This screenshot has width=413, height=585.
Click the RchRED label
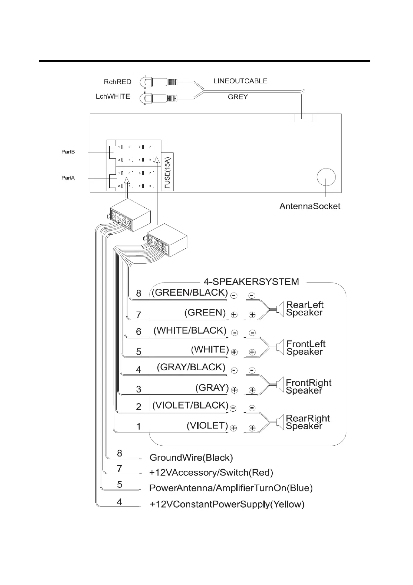117,82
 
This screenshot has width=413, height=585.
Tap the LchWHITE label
113,96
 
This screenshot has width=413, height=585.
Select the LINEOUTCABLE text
240,81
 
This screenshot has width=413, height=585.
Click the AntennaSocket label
310,206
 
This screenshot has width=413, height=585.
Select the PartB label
68,152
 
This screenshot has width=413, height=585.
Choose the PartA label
68,178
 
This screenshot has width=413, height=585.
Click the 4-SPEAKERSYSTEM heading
251,281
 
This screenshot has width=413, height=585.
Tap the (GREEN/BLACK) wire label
190,292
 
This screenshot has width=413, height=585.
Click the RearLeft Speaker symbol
278,308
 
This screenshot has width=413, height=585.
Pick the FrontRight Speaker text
308,387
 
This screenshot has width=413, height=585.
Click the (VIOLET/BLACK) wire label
190,405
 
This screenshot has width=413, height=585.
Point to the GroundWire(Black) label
191,458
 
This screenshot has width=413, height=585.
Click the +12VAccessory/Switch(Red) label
211,472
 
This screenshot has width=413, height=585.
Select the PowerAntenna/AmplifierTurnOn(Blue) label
231,488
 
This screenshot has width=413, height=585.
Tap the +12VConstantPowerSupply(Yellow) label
227,504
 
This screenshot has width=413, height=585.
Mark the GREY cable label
238,97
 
